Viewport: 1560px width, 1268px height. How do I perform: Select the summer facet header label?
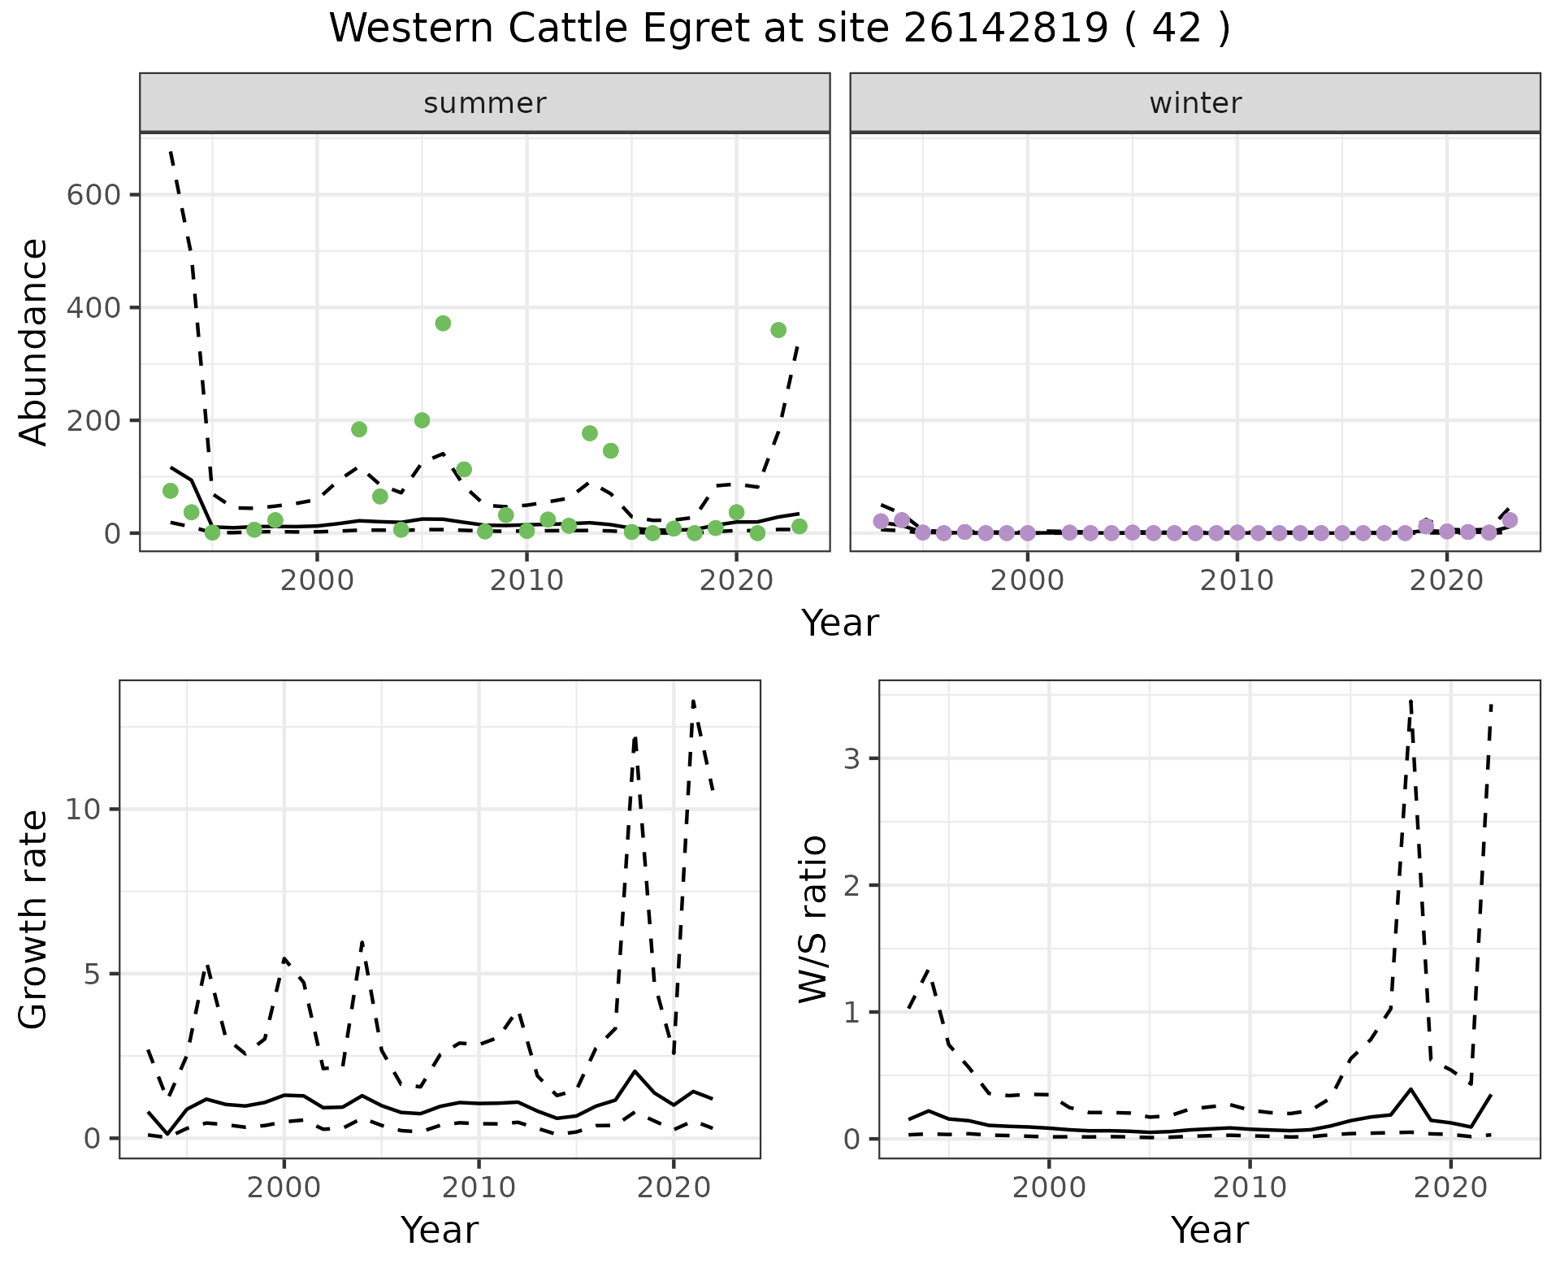(485, 103)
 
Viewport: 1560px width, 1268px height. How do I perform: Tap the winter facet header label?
(1195, 103)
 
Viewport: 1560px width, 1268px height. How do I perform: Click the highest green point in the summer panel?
(443, 324)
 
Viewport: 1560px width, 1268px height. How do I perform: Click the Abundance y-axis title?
(33, 342)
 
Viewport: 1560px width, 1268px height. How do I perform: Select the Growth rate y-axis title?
(33, 918)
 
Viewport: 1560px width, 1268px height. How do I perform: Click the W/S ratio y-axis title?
(812, 918)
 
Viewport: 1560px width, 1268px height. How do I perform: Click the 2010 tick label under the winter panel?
(1237, 582)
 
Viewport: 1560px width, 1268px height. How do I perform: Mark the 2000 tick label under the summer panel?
(317, 582)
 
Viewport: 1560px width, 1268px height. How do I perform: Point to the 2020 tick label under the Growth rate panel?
(673, 1188)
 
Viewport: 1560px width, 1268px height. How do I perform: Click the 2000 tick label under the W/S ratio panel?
(1049, 1188)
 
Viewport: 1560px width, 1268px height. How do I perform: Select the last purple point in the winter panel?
(1510, 520)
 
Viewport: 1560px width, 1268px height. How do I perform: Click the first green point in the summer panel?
(171, 491)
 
